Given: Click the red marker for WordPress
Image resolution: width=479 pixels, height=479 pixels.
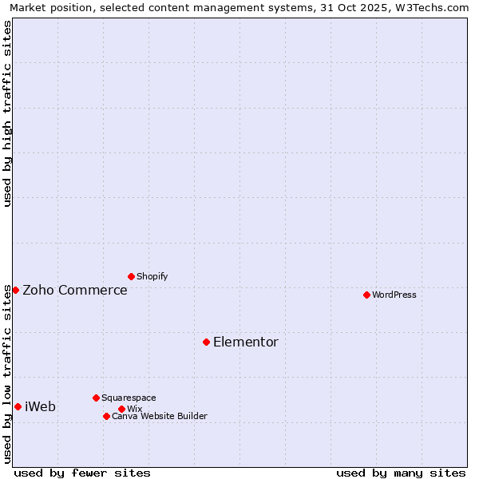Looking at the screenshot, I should pos(366,295).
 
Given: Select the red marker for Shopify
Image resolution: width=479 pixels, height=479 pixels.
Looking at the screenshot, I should pos(131,276).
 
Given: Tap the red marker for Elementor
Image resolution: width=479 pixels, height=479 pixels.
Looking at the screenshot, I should pos(206,342).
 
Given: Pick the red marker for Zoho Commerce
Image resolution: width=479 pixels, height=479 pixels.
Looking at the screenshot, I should pos(15,290).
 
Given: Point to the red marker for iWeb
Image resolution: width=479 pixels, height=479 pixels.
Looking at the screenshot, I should pos(18,406).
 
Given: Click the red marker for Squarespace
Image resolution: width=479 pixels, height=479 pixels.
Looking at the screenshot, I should pos(96,398).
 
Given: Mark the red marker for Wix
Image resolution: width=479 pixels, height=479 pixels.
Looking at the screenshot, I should pos(121,409).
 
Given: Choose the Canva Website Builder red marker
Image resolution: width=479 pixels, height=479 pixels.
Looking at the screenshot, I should pos(106,416).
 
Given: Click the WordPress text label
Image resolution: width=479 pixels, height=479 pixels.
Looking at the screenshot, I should pos(394,295).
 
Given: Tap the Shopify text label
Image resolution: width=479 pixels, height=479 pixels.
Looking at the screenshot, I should pos(152,276).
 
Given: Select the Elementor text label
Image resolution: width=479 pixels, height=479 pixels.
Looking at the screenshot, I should pos(246,342).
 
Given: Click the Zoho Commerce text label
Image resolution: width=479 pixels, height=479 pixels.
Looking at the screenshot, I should pos(75,290).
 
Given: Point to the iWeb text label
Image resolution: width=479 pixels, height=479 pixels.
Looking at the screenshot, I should pos(41,406).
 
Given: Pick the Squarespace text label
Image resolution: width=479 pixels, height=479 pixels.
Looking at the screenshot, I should pos(129,398).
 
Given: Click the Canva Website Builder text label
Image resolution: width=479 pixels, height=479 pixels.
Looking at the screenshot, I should pos(160,416).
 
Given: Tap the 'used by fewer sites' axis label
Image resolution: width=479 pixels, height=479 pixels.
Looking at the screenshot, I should pos(82,473).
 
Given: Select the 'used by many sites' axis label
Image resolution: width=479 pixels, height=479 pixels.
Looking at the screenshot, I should pos(401,473).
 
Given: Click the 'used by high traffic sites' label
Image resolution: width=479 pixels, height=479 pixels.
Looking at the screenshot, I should pos(7,113).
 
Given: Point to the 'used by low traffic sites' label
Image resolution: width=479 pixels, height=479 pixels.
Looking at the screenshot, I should pos(7,374).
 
